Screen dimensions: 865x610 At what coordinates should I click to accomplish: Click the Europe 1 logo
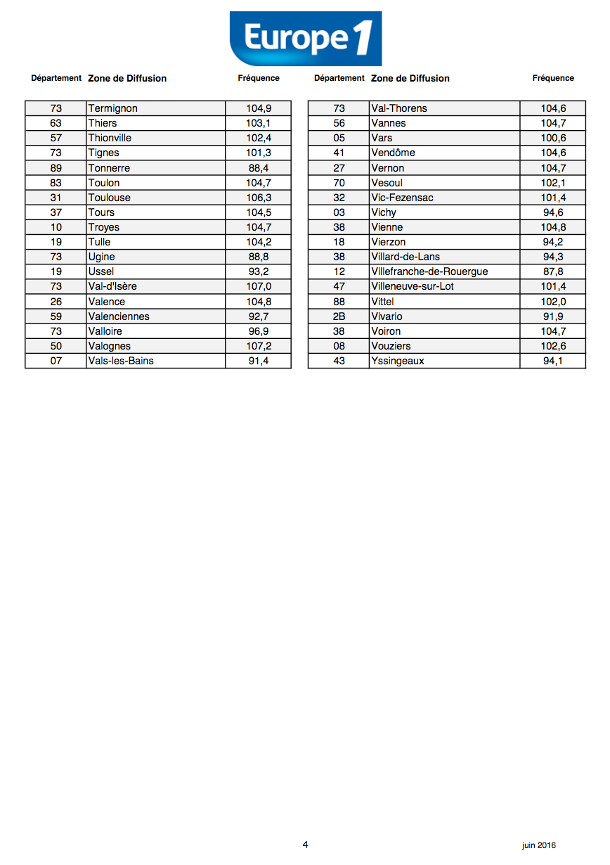click(305, 39)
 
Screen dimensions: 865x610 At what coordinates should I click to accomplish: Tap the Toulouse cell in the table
click(110, 198)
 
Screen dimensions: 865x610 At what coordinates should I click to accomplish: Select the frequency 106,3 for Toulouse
click(259, 198)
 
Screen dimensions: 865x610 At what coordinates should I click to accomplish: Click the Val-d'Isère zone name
click(112, 286)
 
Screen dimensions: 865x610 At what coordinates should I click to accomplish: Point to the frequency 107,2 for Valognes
click(259, 346)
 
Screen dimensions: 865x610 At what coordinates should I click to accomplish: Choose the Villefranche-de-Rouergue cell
click(429, 271)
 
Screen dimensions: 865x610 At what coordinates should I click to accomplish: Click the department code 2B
click(339, 316)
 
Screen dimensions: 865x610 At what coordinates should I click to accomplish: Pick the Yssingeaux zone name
click(398, 361)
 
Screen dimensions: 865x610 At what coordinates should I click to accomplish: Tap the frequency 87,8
click(553, 271)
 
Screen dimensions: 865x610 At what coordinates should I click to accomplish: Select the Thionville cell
click(110, 138)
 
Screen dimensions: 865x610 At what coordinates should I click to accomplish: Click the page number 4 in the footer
click(305, 845)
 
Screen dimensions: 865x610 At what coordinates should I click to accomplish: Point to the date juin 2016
click(538, 845)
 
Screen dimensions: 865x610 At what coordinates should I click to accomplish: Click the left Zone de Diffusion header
click(127, 78)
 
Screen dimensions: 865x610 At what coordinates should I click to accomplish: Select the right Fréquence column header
click(553, 78)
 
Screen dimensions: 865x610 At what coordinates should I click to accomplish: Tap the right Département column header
click(339, 78)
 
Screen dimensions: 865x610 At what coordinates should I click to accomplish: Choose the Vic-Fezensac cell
click(402, 198)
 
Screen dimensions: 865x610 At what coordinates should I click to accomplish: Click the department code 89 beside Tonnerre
click(56, 168)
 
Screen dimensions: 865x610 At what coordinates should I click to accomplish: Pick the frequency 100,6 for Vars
click(553, 138)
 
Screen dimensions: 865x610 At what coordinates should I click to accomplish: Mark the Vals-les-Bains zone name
click(121, 361)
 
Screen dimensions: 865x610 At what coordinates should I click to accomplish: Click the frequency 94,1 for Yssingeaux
click(553, 361)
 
